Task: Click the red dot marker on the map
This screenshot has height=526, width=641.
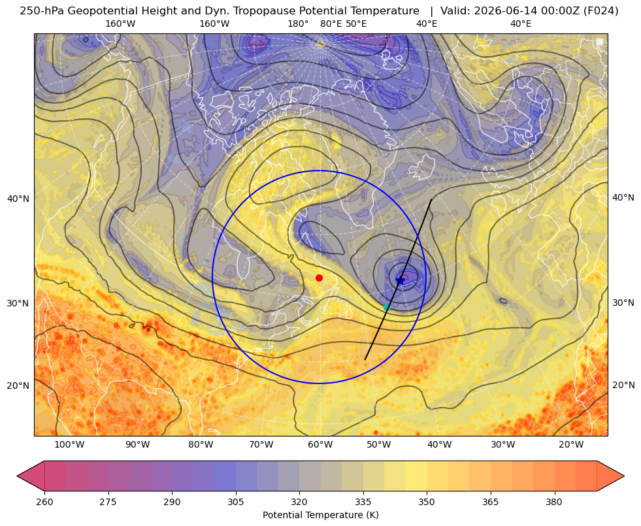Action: tap(320, 278)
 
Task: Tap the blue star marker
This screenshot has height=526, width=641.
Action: tap(400, 280)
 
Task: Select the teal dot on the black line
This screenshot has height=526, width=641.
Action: tap(387, 307)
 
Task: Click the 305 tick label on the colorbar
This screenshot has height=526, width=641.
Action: tap(236, 502)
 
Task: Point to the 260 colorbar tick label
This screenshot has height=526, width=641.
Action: tap(44, 502)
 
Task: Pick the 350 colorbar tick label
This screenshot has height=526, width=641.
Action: tap(427, 502)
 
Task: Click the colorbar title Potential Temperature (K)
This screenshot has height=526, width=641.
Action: tap(320, 515)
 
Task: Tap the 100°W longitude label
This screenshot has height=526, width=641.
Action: tap(69, 445)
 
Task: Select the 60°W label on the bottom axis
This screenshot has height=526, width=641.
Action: tap(320, 445)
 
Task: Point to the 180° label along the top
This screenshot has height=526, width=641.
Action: tap(298, 24)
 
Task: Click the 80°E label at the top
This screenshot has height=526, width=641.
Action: tap(331, 24)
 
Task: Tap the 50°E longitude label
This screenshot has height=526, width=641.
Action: tap(356, 24)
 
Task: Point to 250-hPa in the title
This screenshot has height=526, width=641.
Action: tap(42, 11)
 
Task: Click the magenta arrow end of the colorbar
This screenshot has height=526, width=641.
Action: tap(31, 476)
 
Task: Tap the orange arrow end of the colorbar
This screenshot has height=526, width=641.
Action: tap(610, 476)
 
